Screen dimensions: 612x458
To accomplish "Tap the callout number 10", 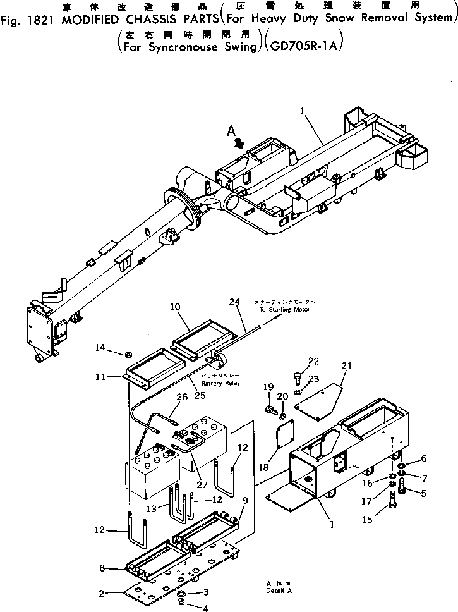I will coord(176,306).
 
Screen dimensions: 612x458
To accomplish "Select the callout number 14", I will coord(100,347).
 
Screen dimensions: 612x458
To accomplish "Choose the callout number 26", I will coord(183,398).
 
